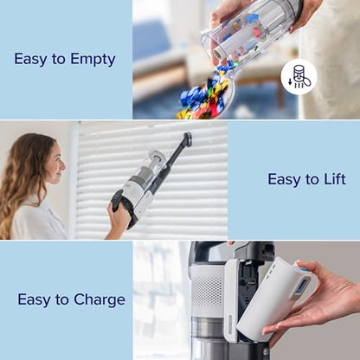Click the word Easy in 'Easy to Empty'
click(x=31, y=59)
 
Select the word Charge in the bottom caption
click(x=98, y=300)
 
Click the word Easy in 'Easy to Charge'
click(x=35, y=299)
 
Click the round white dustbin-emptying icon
click(x=299, y=76)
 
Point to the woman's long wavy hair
click(x=24, y=186)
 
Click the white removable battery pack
click(x=275, y=299)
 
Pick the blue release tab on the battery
click(x=304, y=278)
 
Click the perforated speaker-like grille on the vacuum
click(x=208, y=295)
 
